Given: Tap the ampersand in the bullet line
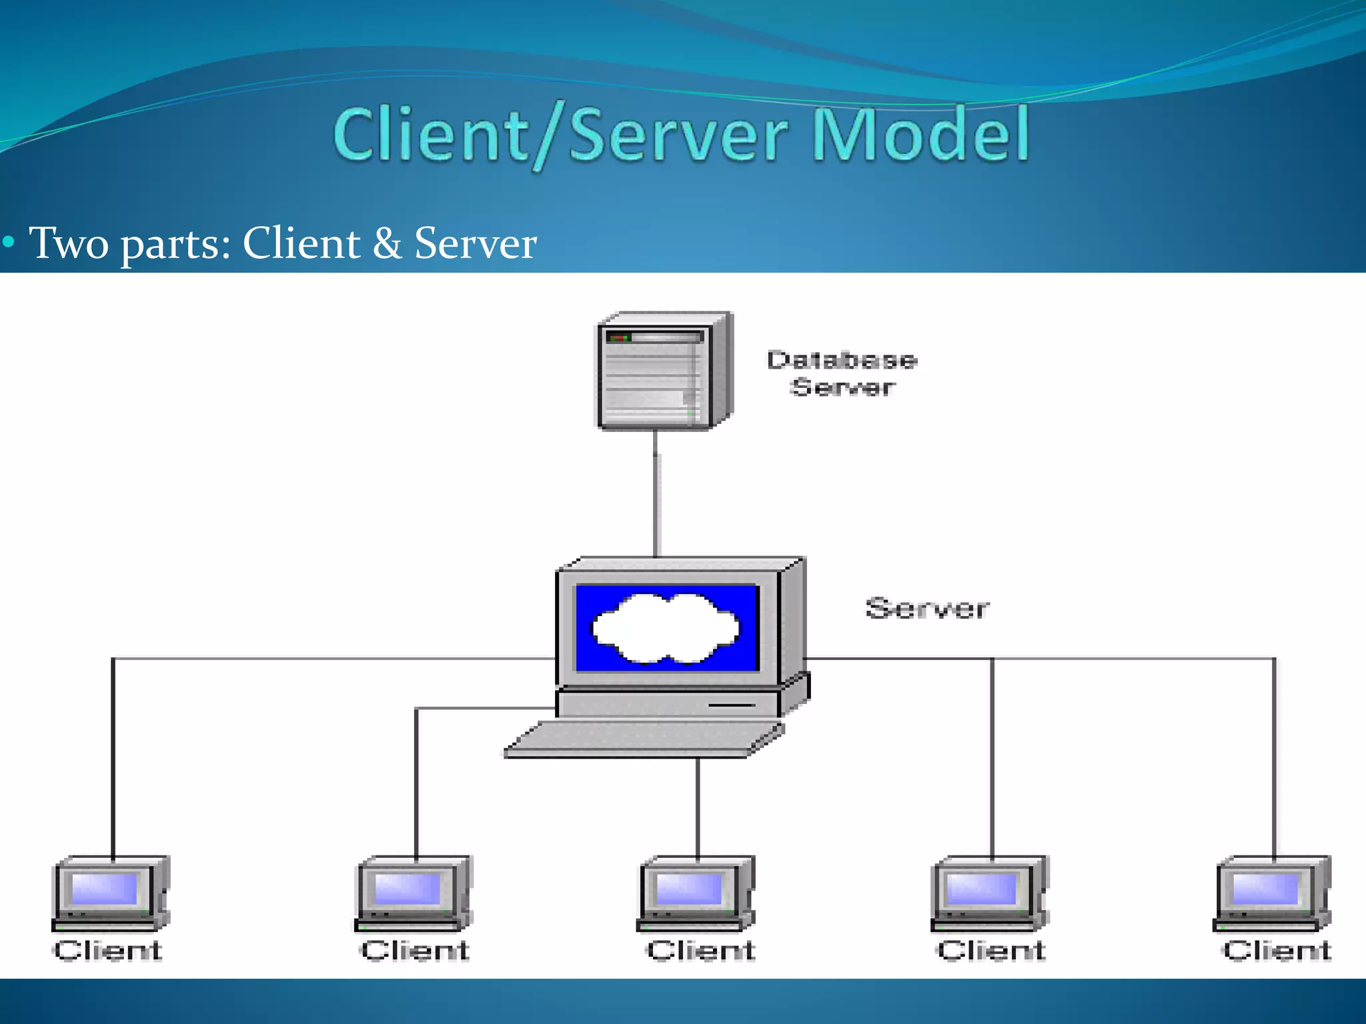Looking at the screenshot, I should click(387, 243).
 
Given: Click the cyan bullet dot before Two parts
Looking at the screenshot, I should click(8, 241).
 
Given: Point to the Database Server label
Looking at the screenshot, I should click(842, 373).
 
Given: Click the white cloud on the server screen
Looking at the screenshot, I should click(666, 629).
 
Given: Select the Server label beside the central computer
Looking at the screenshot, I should click(927, 609).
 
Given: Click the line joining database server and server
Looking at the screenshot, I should click(656, 493).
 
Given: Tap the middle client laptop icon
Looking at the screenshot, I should click(696, 893).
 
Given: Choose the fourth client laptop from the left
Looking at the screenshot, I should click(989, 893).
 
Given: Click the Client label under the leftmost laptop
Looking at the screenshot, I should click(108, 950).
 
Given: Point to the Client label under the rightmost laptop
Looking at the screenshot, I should click(1277, 950).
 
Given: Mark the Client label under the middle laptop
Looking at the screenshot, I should click(700, 950).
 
